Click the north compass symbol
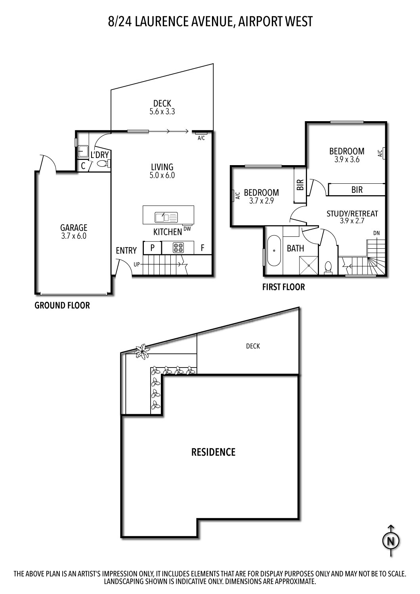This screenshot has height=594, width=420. (x=391, y=541)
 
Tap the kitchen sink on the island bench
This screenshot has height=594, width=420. (x=166, y=217)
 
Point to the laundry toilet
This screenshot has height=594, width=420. (x=102, y=164)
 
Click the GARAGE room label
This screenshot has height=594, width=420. (x=73, y=228)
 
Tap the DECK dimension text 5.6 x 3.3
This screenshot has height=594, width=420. (x=162, y=112)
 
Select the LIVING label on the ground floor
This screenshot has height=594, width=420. (x=162, y=167)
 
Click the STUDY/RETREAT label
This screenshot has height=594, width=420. (x=352, y=214)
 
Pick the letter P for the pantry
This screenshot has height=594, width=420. (x=153, y=248)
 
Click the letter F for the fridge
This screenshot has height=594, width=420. (x=202, y=248)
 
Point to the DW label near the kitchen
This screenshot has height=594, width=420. (x=187, y=228)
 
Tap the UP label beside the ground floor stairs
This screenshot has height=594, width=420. (x=136, y=263)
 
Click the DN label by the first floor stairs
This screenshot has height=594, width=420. (x=376, y=233)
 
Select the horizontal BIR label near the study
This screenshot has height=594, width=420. (x=357, y=190)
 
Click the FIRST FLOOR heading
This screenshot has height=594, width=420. (x=283, y=287)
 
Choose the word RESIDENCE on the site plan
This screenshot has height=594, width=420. (x=213, y=452)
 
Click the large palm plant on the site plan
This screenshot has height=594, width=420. (x=142, y=351)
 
